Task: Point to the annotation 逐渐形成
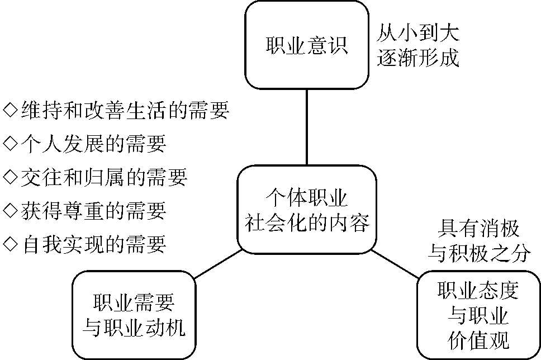point(418,57)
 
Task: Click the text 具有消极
point(478,229)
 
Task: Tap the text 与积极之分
point(478,254)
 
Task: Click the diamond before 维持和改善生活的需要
point(11,110)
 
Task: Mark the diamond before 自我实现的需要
point(11,244)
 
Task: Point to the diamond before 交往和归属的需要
point(11,177)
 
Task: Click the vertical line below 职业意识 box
point(307,127)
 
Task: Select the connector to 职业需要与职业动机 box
point(218,264)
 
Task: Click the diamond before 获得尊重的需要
point(11,210)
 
